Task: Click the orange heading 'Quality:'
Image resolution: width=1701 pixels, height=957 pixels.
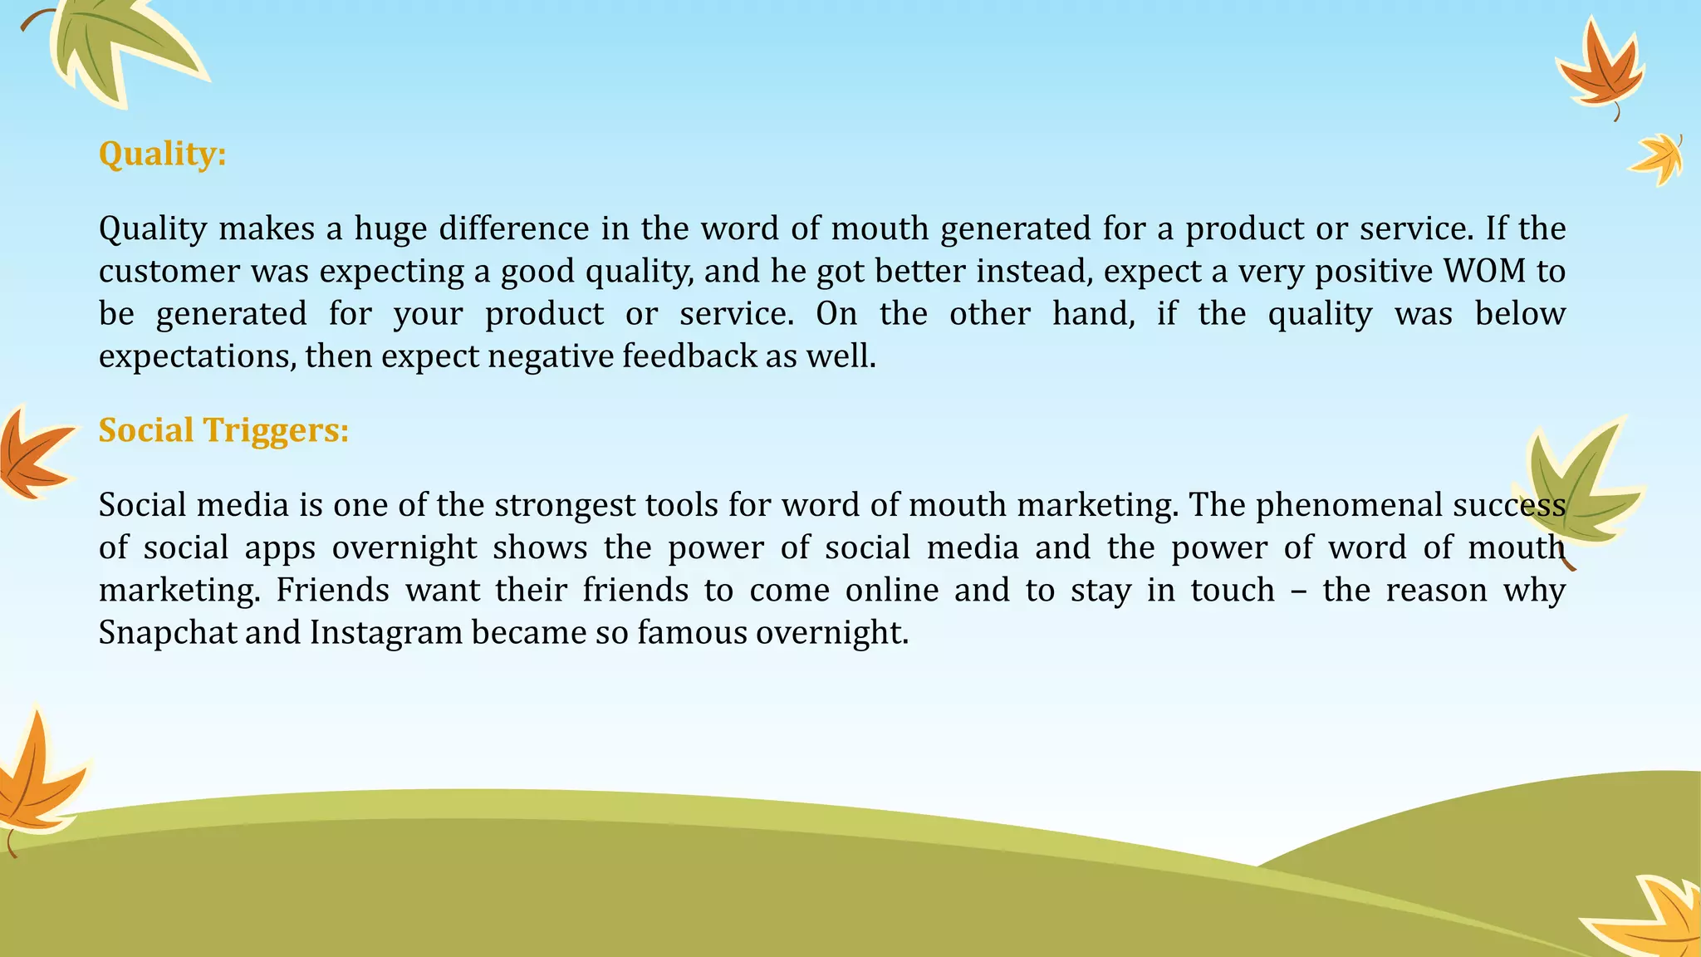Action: click(162, 155)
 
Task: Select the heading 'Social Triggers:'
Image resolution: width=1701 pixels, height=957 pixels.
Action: click(223, 430)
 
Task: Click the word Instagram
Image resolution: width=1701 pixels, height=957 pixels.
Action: click(386, 633)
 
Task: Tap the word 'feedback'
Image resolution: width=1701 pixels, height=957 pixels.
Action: click(689, 356)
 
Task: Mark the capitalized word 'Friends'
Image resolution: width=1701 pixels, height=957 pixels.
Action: click(332, 591)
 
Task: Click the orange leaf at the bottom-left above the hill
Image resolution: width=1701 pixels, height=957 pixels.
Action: click(37, 777)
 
